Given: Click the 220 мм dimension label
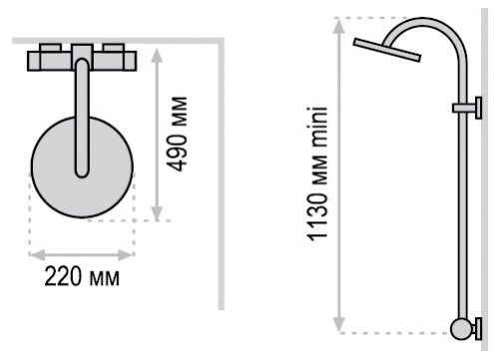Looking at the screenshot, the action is tap(82, 276).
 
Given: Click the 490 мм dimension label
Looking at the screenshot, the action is tap(177, 134).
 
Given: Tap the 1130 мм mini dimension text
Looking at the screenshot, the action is tap(317, 174).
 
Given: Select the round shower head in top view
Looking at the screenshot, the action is tap(82, 168).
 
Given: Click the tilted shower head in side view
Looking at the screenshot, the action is tap(387, 50).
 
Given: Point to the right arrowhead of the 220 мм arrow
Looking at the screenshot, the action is tap(127, 255).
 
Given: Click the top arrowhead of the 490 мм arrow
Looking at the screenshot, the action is tap(157, 55).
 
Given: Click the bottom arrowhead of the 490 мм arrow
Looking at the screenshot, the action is tap(157, 213).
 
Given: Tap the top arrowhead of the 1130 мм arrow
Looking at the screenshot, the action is tap(338, 26).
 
